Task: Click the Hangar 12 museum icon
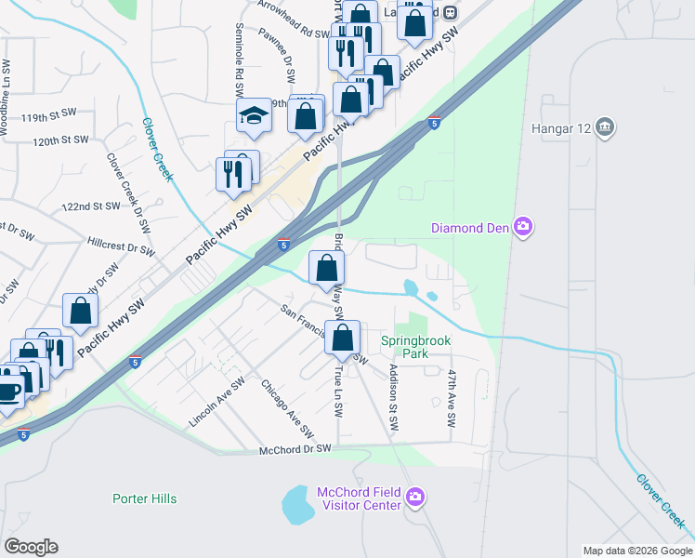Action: click(605, 126)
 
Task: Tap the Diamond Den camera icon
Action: click(523, 228)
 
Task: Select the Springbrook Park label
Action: click(415, 348)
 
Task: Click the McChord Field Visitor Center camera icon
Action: click(415, 498)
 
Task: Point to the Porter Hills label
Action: click(144, 498)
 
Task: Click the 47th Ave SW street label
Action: click(452, 398)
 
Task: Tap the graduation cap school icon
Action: click(253, 115)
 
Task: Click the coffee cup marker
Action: click(7, 389)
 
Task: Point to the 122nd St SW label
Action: click(91, 206)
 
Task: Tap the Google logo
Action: click(31, 547)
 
